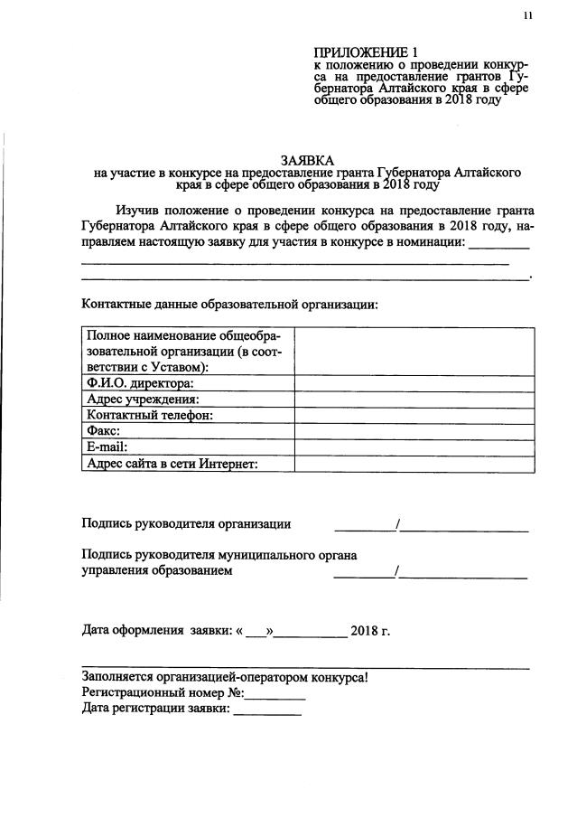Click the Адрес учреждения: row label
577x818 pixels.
click(142, 400)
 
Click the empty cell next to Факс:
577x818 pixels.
click(413, 432)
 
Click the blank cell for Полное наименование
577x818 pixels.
click(413, 353)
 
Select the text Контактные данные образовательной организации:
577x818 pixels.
click(229, 304)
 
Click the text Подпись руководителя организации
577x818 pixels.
click(186, 523)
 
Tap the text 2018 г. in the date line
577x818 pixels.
click(370, 630)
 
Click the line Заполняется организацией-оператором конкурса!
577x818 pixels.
click(225, 678)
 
